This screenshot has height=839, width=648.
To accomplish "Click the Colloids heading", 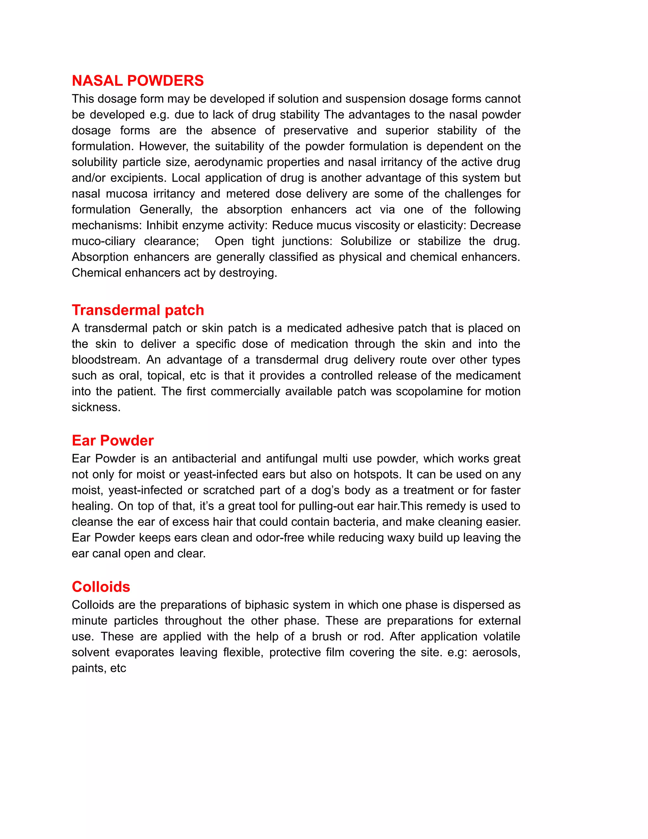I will [101, 587].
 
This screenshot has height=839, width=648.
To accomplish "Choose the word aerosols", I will [495, 652].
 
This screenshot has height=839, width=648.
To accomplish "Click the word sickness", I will [96, 407].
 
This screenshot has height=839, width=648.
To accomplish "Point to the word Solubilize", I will [365, 241].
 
